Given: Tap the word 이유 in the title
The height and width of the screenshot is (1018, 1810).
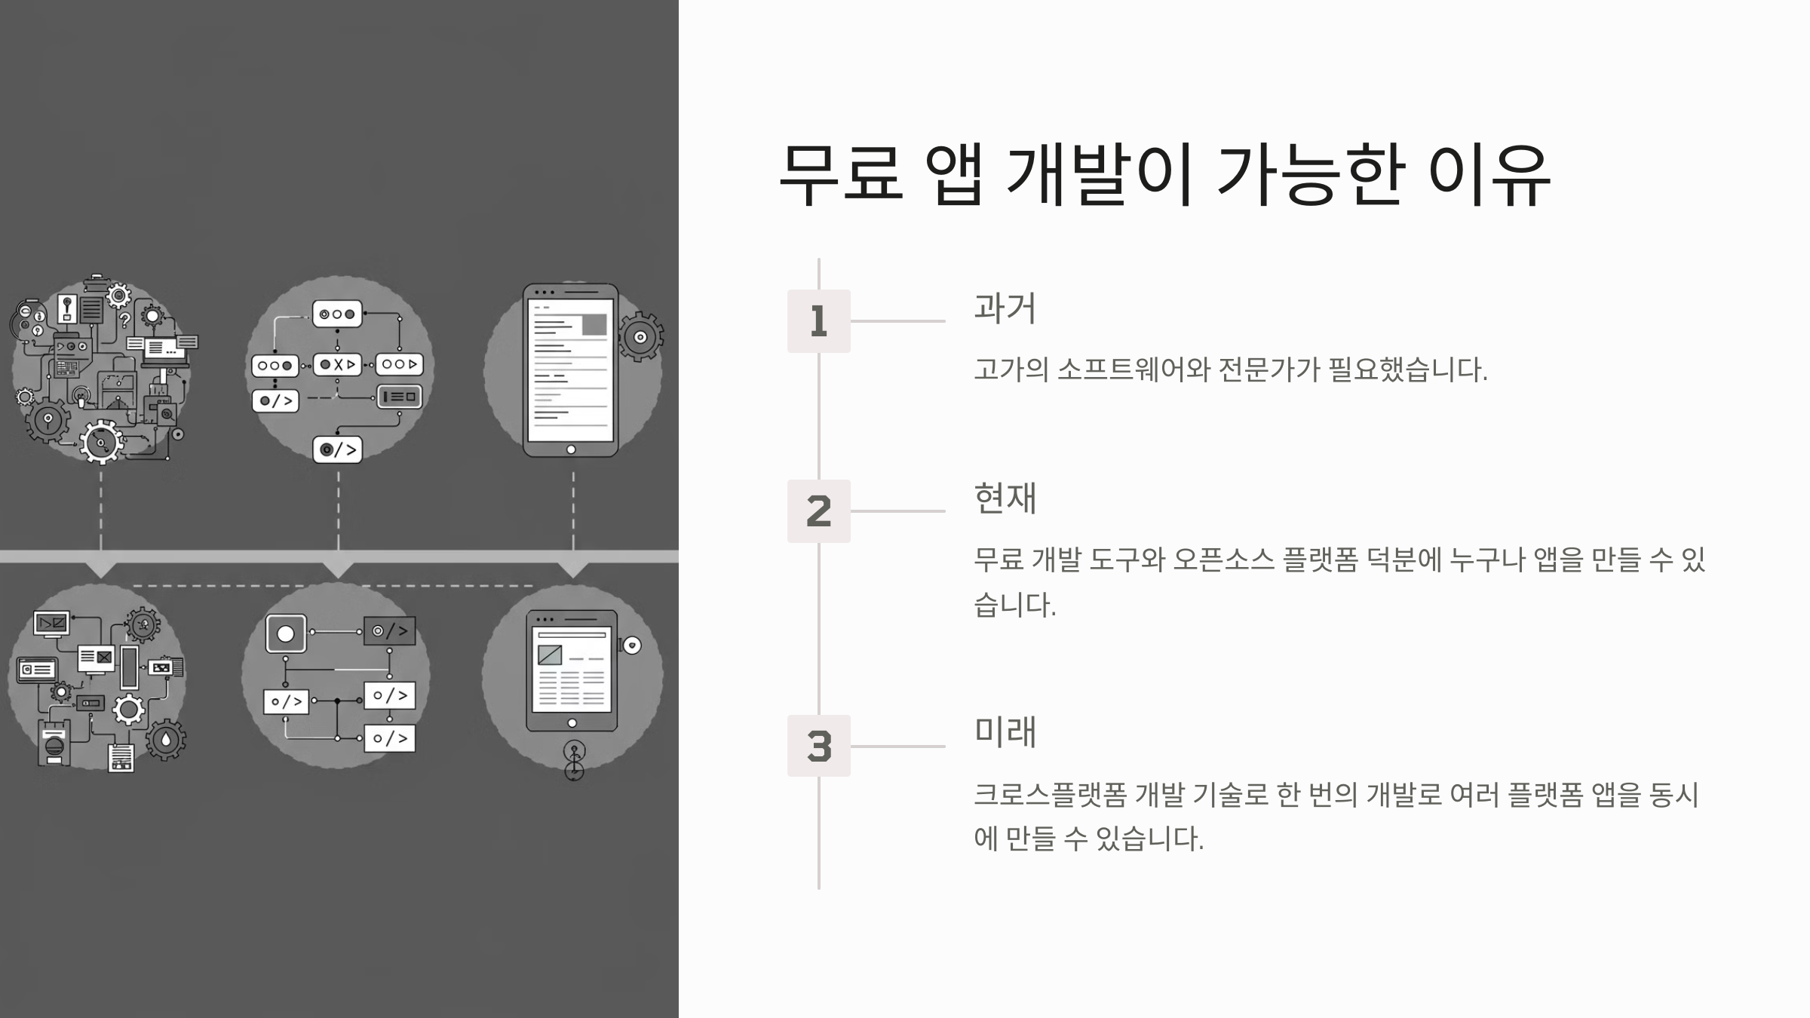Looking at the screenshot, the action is [1489, 175].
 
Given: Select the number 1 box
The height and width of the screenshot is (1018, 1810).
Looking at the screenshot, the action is [818, 321].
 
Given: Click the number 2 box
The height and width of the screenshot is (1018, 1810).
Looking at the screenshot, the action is [818, 511].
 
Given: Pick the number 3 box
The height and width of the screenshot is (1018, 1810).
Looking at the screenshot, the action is [818, 746].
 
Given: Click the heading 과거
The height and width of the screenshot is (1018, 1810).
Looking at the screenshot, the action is [1005, 308].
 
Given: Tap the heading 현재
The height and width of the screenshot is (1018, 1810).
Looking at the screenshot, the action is [1005, 498].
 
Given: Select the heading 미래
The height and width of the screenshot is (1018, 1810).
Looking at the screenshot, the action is [1005, 732].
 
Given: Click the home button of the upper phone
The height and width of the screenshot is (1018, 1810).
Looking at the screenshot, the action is [571, 449].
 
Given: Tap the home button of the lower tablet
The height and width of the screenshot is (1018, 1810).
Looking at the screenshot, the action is [572, 723].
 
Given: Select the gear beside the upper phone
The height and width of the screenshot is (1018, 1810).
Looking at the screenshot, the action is [640, 337].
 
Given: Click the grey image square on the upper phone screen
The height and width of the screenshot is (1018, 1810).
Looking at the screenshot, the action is [594, 324].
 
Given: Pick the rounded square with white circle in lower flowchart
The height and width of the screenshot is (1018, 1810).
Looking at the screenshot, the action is [286, 633].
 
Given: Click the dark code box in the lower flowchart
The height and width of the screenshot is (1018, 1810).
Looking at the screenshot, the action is [389, 631].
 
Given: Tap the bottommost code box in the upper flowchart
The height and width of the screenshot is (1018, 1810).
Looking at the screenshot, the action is [337, 449].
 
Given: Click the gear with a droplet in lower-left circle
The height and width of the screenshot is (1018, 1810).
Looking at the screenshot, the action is [166, 740].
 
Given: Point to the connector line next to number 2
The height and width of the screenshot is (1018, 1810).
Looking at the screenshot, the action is [897, 511].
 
